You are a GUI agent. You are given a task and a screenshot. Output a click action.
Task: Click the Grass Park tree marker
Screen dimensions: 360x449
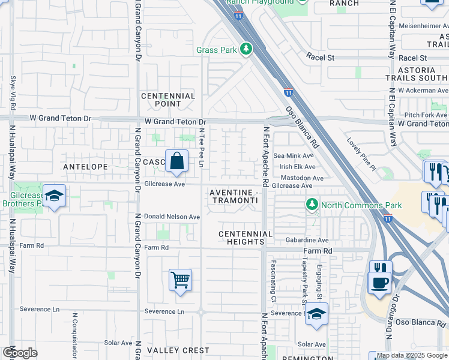[246, 50]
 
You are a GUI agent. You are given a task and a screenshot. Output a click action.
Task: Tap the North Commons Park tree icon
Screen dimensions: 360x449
[312, 205]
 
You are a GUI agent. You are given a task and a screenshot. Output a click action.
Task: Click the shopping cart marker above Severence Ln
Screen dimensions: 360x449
[180, 280]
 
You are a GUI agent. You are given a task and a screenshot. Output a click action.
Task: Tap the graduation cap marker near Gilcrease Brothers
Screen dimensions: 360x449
[54, 196]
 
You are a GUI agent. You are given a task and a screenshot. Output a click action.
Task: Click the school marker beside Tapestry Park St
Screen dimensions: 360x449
[316, 314]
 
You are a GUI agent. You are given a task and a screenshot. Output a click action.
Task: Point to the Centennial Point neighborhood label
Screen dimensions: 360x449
[168, 100]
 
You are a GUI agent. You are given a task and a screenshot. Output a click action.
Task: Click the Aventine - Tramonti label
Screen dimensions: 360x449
[235, 196]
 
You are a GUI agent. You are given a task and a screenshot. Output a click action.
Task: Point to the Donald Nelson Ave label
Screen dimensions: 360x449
[172, 217]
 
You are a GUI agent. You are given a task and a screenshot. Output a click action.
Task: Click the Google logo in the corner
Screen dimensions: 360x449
[19, 352]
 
